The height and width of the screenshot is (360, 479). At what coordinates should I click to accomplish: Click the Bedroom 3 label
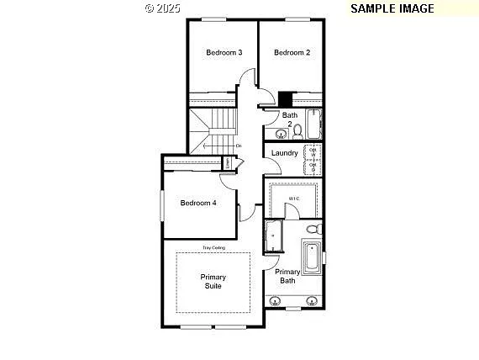[x=224, y=52]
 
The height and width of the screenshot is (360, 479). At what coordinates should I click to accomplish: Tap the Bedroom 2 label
[x=292, y=52]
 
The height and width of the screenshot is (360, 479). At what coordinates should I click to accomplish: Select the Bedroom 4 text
[x=198, y=203]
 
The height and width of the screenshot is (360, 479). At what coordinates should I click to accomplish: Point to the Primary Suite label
[x=213, y=282]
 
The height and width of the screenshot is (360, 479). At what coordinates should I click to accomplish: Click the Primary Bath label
[x=287, y=276]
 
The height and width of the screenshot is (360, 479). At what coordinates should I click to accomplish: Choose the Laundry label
[x=285, y=153]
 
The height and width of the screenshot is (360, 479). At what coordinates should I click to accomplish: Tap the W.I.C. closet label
[x=294, y=199]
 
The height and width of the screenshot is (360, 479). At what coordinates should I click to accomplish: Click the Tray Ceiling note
[x=213, y=248]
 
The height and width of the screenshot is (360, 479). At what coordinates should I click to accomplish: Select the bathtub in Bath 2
[x=313, y=124]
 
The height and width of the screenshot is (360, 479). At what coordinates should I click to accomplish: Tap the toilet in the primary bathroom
[x=313, y=228]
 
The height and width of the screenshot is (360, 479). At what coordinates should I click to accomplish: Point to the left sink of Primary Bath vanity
[x=276, y=300]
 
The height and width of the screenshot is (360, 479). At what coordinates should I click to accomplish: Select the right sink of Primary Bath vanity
[x=311, y=300]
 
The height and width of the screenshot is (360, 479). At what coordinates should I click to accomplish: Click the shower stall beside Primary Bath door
[x=274, y=236]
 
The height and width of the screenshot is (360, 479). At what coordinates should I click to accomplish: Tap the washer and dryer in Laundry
[x=313, y=159]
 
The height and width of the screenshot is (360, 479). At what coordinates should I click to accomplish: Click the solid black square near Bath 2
[x=286, y=98]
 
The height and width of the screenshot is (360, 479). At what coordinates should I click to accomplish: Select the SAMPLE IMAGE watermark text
[x=392, y=8]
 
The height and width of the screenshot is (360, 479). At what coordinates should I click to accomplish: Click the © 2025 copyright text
[x=162, y=8]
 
